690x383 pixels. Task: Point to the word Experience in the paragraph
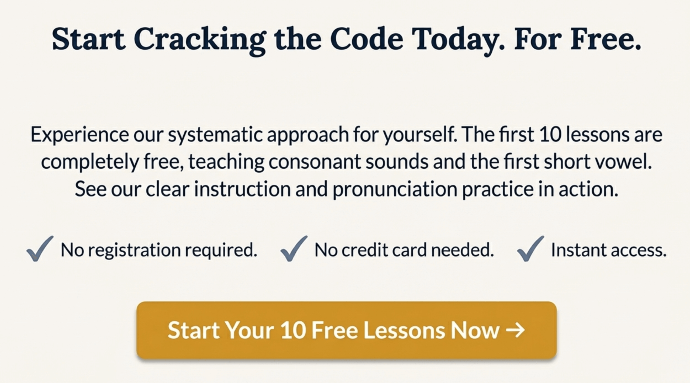coord(80,135)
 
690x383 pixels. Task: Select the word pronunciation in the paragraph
coord(395,189)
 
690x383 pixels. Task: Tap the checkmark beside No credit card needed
coord(294,249)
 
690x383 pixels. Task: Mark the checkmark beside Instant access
coord(530,249)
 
